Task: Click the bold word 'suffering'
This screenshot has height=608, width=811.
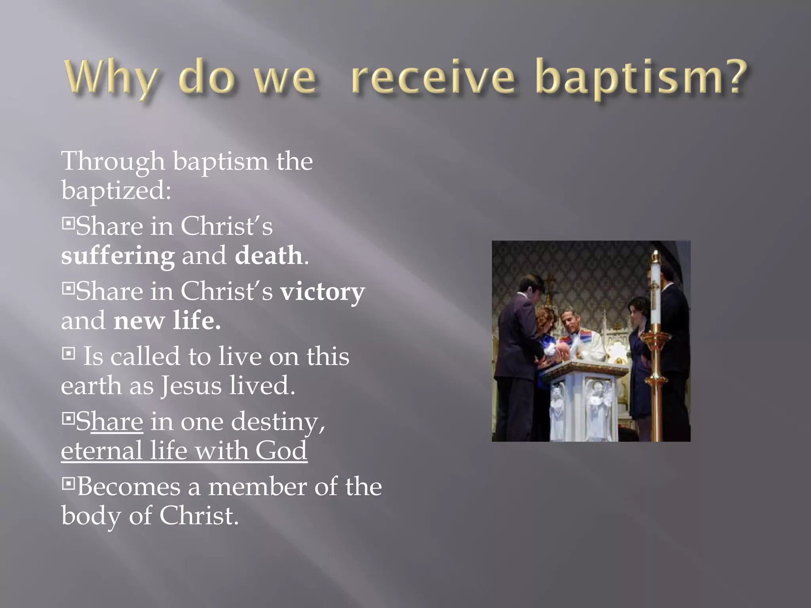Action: pos(118,256)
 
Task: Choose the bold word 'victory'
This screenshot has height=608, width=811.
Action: pos(322,292)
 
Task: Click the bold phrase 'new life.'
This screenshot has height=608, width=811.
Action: pos(167,321)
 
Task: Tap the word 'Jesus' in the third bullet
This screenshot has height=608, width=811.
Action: pos(191,386)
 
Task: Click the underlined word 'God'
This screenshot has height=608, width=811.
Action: pos(281,450)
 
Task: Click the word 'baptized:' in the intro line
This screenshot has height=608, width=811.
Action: pos(116,191)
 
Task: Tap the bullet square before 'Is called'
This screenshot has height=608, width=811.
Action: pos(69,353)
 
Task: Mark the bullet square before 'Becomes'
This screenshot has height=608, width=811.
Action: pos(69,483)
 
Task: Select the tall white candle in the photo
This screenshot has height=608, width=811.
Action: pos(655,293)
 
